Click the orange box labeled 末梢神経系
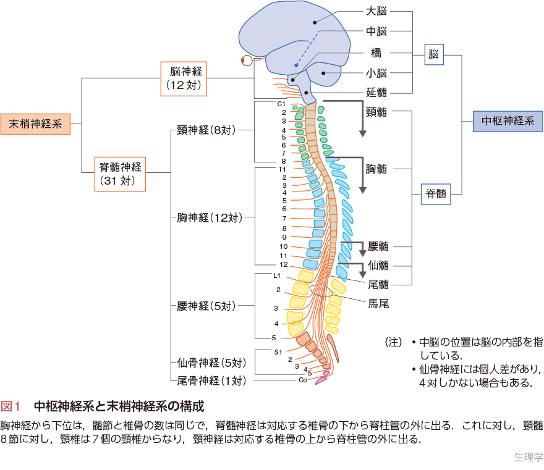35,124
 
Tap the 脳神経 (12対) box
183,78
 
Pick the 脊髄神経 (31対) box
120,173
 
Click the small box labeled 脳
434,54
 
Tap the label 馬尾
378,303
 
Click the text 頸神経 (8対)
206,130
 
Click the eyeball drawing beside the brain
247,61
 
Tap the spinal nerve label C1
281,103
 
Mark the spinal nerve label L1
277,275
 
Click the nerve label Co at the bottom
302,380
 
